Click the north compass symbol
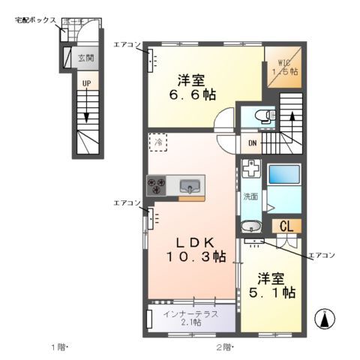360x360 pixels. (x=325, y=319)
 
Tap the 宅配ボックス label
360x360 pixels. (x=35, y=20)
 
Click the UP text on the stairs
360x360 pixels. (x=86, y=82)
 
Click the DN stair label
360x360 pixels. (x=253, y=142)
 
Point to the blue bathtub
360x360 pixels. (x=284, y=175)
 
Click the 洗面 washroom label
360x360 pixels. (x=250, y=196)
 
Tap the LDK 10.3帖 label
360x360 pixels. (x=195, y=250)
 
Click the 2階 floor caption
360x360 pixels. (x=225, y=347)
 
